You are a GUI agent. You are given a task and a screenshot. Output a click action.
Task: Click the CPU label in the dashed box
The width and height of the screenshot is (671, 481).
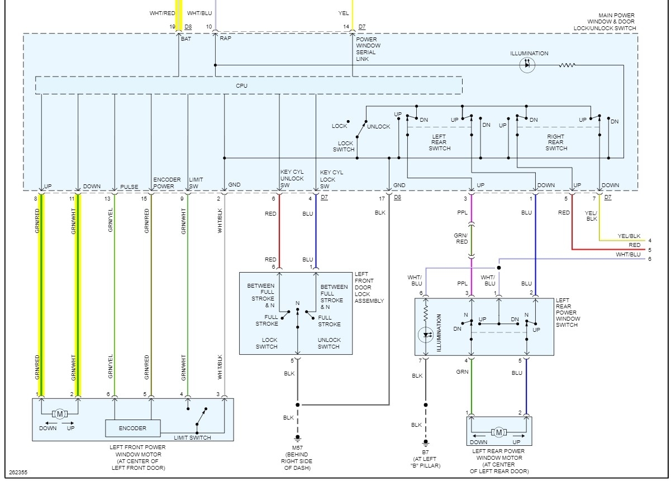[x=241, y=85]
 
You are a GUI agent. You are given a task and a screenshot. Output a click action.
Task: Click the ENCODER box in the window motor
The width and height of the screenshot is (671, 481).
[x=132, y=428]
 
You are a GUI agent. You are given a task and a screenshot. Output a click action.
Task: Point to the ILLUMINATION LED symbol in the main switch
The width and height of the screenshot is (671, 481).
[x=526, y=65]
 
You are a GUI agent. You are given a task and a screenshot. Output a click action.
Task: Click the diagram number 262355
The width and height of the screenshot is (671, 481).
[x=19, y=472]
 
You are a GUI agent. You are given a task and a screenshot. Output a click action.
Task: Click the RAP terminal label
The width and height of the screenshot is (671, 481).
[x=226, y=39]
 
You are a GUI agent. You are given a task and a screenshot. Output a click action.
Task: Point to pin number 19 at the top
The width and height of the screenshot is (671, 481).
[x=172, y=26]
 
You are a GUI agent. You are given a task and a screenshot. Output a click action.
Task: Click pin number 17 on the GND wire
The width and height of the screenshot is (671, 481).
[x=382, y=198]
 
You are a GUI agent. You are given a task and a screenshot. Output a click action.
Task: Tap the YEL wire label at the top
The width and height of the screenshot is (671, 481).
[x=344, y=12]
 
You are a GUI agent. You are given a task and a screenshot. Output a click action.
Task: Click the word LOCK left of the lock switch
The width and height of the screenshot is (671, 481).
[x=339, y=126]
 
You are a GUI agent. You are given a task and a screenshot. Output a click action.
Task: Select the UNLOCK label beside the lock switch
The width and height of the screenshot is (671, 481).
[x=378, y=126]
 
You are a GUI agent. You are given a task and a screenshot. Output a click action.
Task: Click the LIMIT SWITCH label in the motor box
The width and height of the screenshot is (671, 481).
[x=192, y=438]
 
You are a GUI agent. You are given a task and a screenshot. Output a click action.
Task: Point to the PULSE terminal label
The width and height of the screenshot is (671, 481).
[x=129, y=186]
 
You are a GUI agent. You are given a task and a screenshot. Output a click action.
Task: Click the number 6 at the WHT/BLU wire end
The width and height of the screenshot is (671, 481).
[x=650, y=259]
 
